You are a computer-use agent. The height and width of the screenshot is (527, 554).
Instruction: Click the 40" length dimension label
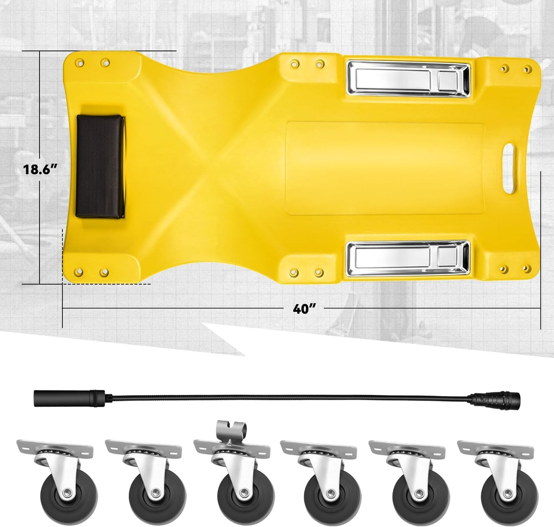click(304, 308)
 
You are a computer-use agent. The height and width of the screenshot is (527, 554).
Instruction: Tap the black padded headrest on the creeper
click(100, 166)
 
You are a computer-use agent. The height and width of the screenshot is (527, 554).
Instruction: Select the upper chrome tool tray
click(408, 79)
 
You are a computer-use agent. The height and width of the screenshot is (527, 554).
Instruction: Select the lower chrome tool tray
click(408, 258)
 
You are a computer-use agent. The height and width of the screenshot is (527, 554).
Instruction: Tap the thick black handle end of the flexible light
click(69, 398)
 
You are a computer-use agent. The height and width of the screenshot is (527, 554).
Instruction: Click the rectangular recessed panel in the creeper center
click(385, 169)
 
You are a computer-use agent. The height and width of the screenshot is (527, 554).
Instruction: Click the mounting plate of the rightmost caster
click(495, 447)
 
